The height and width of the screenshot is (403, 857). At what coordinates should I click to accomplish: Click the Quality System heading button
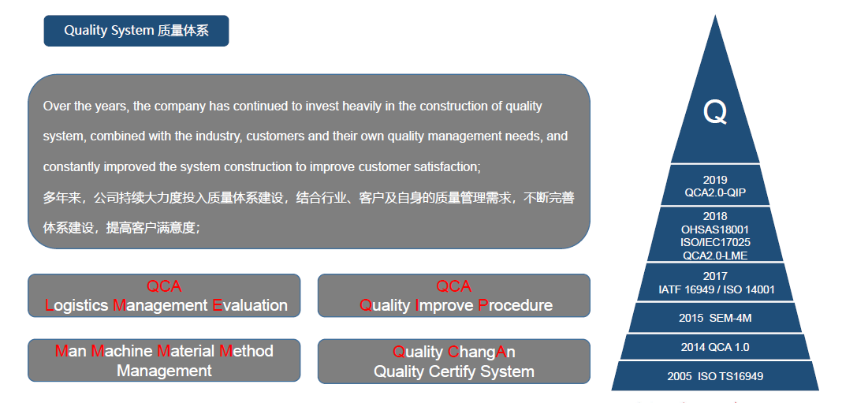pyautogui.click(x=136, y=31)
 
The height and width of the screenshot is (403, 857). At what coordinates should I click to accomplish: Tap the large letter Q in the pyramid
pyautogui.click(x=715, y=112)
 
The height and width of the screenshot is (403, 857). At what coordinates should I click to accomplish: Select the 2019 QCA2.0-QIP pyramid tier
pyautogui.click(x=715, y=185)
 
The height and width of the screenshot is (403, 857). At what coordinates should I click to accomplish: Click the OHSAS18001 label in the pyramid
pyautogui.click(x=715, y=229)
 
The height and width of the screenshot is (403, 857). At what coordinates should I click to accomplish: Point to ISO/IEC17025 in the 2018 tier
pyautogui.click(x=715, y=242)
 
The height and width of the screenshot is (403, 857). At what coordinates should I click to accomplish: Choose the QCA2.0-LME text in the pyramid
pyautogui.click(x=715, y=255)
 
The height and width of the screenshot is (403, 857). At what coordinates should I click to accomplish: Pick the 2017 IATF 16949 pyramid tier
pyautogui.click(x=716, y=282)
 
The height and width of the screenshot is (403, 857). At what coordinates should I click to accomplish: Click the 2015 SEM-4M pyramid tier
pyautogui.click(x=715, y=318)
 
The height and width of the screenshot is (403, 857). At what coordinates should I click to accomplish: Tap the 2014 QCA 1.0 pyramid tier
pyautogui.click(x=715, y=347)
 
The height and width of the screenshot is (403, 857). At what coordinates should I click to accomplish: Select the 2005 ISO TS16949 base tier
pyautogui.click(x=715, y=375)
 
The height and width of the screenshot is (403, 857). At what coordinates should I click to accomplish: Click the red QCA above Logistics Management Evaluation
pyautogui.click(x=164, y=286)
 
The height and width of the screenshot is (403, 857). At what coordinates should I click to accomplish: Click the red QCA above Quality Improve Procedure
pyautogui.click(x=453, y=286)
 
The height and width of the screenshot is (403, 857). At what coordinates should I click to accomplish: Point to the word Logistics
pyautogui.click(x=76, y=305)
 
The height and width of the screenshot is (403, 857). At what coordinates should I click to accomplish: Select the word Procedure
pyautogui.click(x=515, y=305)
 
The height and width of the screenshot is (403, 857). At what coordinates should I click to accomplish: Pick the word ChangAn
pyautogui.click(x=482, y=352)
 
